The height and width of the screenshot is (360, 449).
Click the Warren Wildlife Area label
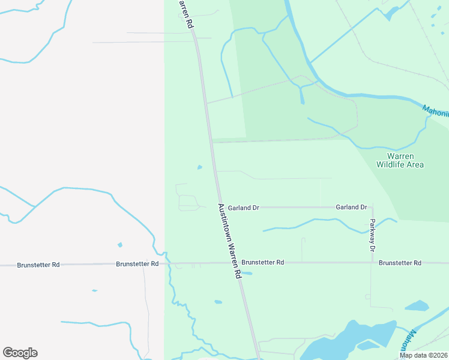tap(400, 160)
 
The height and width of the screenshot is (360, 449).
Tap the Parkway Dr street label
tap(372, 235)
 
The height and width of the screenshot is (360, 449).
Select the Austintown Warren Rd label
tap(229, 240)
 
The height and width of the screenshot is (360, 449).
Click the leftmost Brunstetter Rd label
tap(38, 265)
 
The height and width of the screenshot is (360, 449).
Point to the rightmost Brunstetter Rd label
tap(400, 263)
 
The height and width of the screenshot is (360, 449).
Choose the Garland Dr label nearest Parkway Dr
tap(351, 207)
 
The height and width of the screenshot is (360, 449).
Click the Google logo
tap(20, 353)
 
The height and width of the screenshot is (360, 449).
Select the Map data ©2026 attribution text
tap(423, 355)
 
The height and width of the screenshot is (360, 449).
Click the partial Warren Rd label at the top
tap(185, 14)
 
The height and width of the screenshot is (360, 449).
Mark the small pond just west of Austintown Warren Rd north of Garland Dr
tap(200, 167)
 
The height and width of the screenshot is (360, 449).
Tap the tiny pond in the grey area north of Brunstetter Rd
tap(120, 245)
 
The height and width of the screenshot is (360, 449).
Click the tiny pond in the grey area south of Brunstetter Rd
tap(94, 291)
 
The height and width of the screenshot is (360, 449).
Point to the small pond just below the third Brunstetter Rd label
tap(247, 274)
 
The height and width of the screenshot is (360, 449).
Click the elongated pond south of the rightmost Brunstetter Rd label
tap(417, 306)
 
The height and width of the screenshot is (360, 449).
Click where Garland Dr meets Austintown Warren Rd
tap(219, 208)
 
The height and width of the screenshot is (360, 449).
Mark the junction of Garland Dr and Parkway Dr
tap(373, 208)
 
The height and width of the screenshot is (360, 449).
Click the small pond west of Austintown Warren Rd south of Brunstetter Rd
tap(218, 302)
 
